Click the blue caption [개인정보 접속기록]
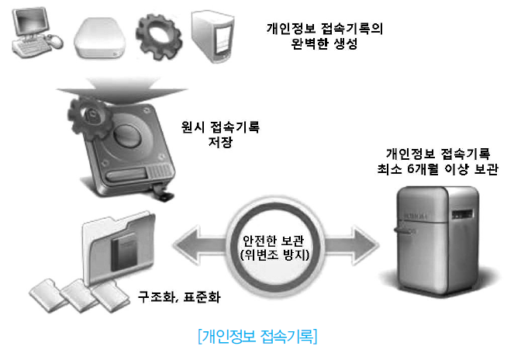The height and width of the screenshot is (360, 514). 257,337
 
